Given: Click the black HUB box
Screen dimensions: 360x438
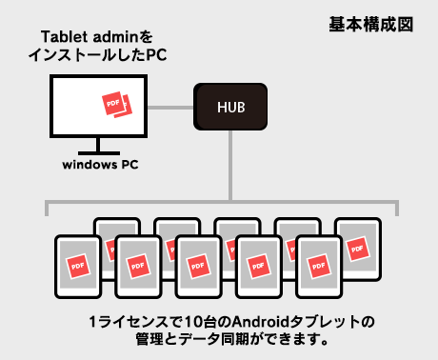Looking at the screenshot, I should [231, 106].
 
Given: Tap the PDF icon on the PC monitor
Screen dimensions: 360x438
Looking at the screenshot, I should [115, 105].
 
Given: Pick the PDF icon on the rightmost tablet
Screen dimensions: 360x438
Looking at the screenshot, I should [358, 248].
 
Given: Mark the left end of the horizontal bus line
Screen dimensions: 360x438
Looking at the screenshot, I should [48, 202].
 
